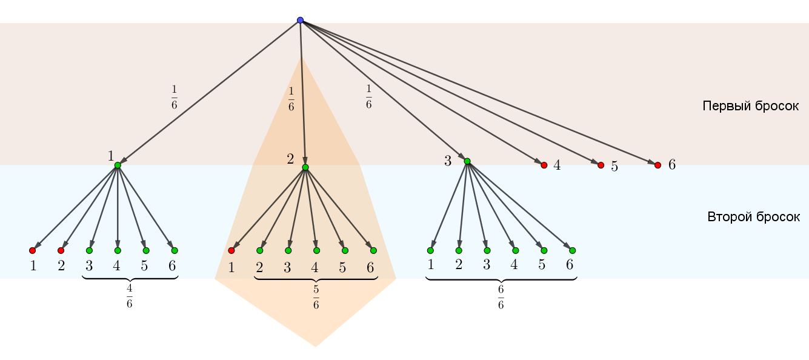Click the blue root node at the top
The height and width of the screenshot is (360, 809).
click(x=300, y=20)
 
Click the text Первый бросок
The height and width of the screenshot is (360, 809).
click(x=751, y=106)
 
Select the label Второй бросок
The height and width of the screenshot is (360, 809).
click(x=753, y=217)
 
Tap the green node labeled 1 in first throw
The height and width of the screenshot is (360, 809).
click(x=118, y=165)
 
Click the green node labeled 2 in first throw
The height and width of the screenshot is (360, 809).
click(x=305, y=167)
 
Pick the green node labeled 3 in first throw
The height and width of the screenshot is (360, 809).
click(x=467, y=161)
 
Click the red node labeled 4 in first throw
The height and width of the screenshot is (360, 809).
click(x=544, y=165)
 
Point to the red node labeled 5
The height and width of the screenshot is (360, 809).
click(x=601, y=165)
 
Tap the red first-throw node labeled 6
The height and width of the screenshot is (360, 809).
click(x=658, y=165)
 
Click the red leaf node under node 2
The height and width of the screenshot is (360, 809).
click(x=231, y=250)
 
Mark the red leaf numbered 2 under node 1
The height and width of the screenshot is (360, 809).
click(x=61, y=250)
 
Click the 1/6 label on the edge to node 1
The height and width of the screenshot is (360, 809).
click(x=174, y=96)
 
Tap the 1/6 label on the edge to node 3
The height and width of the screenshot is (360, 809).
click(x=368, y=96)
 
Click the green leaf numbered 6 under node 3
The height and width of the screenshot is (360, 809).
click(x=572, y=250)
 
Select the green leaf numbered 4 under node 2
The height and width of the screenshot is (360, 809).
click(x=316, y=250)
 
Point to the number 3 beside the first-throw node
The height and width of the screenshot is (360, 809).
click(x=448, y=161)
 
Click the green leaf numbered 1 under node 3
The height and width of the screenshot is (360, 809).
click(x=430, y=250)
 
